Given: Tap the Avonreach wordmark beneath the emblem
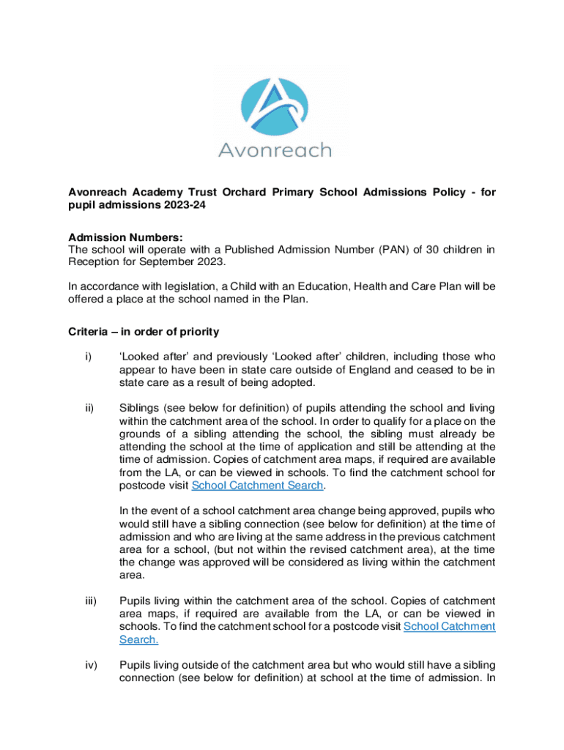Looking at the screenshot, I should tap(275, 151).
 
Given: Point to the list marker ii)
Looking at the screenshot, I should tap(89, 408).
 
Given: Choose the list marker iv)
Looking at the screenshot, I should tap(91, 665).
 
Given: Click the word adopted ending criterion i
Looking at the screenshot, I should tap(296, 382).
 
